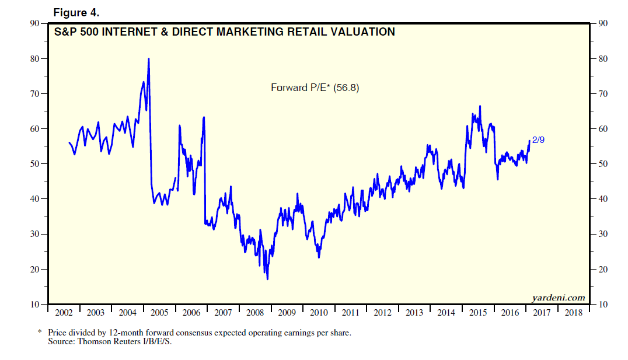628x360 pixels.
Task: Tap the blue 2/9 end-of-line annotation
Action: coord(538,140)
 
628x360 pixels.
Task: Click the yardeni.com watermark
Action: coord(558,298)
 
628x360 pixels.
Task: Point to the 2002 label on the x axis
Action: coord(64,313)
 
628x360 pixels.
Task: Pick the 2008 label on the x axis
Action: coord(255,313)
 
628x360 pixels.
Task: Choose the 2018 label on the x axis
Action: coord(574,313)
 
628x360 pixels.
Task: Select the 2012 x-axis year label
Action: coord(382,313)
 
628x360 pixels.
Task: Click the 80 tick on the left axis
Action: coord(36,59)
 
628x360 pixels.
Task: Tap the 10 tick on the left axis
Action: coord(36,305)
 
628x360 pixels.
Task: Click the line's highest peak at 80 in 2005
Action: coord(149,58)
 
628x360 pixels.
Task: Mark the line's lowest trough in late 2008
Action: coord(267,279)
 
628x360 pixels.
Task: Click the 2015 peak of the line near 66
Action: coord(480,106)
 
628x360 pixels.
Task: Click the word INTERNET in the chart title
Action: coord(134,32)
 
